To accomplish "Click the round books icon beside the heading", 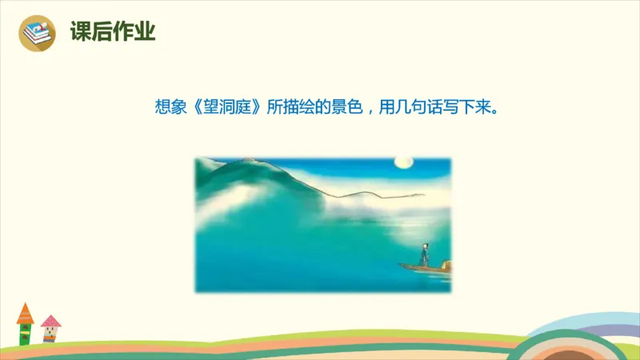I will pos(38,33).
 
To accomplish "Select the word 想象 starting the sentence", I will pos(170,106).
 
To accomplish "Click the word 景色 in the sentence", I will pos(349,106).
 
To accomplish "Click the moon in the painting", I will pos(403,163).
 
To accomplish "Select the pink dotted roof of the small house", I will pos(50,322).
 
